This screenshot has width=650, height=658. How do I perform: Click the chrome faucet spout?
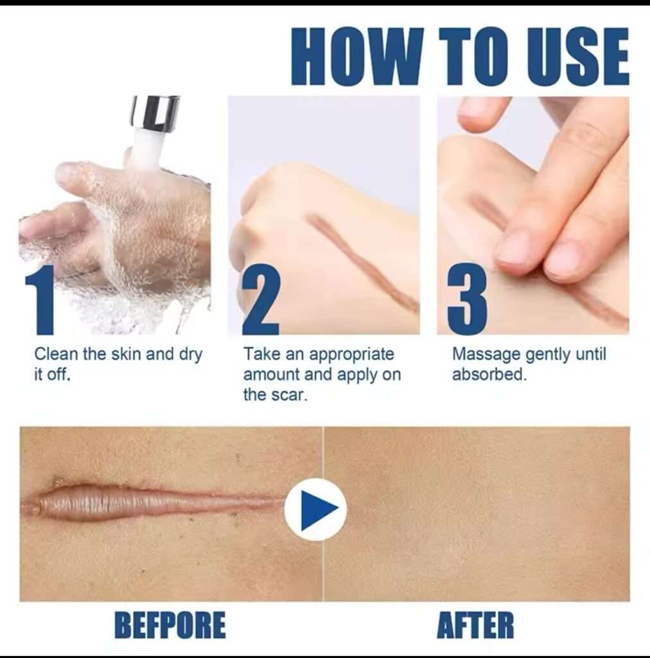[154, 114]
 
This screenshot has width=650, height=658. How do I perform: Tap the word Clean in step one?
[56, 355]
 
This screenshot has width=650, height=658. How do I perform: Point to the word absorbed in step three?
[488, 375]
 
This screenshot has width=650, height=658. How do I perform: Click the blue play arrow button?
[315, 510]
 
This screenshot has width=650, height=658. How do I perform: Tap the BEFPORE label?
[170, 625]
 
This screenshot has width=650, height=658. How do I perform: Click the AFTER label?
[475, 625]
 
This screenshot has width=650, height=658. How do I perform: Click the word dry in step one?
[190, 355]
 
